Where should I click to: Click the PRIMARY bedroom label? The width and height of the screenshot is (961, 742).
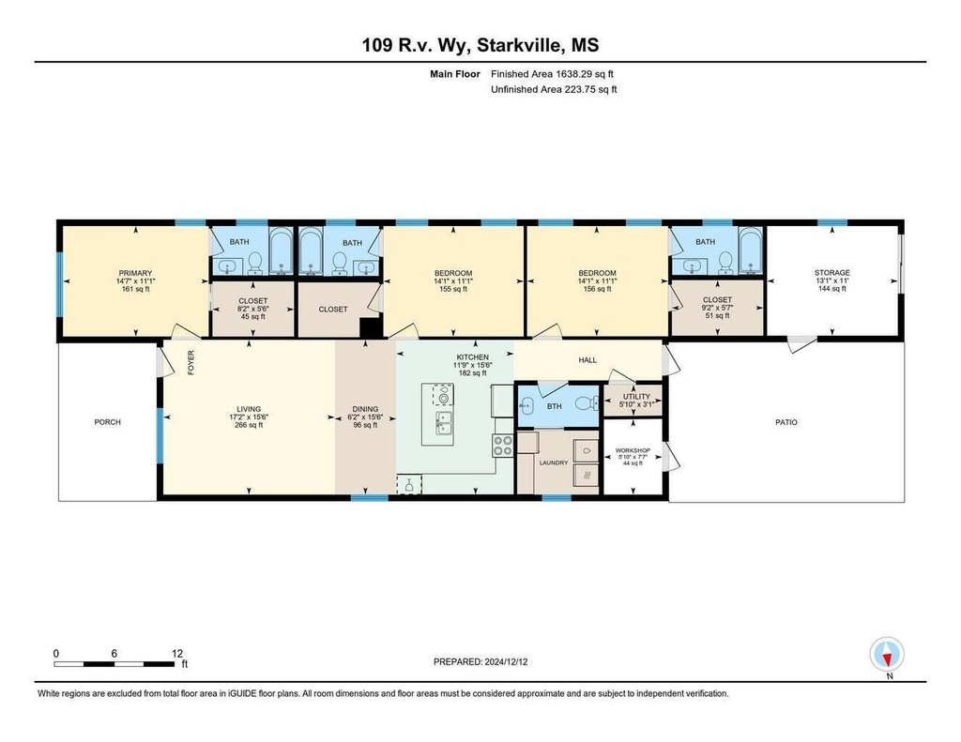(x=135, y=273)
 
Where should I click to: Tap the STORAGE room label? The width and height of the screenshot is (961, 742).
(x=831, y=273)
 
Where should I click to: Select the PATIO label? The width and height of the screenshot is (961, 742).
(x=786, y=422)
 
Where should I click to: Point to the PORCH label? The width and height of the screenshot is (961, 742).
(x=107, y=422)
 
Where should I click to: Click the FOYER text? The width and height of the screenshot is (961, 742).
(x=191, y=363)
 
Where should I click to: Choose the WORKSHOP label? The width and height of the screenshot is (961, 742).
(x=633, y=450)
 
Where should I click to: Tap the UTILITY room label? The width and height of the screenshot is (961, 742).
(x=636, y=397)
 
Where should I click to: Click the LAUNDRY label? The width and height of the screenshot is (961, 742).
(x=554, y=462)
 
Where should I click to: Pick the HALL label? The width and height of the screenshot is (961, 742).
(x=587, y=360)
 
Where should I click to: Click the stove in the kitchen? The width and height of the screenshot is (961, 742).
(x=503, y=446)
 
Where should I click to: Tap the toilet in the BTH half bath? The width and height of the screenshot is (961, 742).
(x=587, y=403)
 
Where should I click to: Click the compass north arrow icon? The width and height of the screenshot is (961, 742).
(x=886, y=654)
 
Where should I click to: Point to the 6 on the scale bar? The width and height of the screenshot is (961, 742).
(x=114, y=654)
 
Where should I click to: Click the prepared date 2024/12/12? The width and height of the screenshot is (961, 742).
(x=506, y=661)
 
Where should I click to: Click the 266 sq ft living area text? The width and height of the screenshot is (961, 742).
(x=249, y=425)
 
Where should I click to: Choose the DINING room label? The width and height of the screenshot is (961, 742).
(x=365, y=409)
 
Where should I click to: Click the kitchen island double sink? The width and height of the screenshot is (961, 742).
(x=443, y=423)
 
